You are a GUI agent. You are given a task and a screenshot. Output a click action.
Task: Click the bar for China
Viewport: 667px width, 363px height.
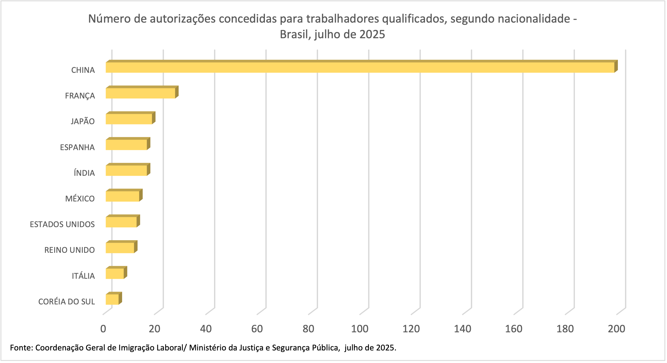coord(360,67)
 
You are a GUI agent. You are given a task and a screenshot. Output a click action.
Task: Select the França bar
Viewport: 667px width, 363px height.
coord(141,93)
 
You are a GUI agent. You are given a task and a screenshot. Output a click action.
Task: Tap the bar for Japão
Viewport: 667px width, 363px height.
coord(129,119)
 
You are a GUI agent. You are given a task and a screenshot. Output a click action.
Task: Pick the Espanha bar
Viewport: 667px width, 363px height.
coord(126,145)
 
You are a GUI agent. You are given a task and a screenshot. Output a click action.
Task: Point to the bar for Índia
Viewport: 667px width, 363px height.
coord(126,170)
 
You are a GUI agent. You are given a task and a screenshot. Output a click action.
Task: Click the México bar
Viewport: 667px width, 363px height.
coord(122,196)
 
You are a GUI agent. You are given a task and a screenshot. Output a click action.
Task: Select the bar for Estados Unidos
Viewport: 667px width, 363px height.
coord(121,222)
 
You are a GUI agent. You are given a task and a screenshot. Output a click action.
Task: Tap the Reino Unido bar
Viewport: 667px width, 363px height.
coord(120,248)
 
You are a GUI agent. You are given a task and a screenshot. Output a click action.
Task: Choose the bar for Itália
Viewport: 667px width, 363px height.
coord(115,273)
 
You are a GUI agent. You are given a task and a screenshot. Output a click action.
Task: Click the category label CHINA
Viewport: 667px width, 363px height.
coord(83,70)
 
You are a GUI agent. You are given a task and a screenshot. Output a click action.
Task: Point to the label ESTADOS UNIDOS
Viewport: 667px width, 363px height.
coord(62,224)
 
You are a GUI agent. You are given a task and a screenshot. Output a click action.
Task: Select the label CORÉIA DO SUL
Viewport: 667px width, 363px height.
coord(67,302)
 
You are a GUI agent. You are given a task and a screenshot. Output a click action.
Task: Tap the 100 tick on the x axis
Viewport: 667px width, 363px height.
coord(360,329)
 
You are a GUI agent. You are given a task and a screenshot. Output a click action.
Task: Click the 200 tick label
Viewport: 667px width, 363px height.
coord(616,329)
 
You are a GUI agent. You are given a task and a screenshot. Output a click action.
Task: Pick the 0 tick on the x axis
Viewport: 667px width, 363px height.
coord(103,329)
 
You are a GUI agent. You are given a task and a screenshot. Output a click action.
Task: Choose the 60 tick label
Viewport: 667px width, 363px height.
coord(257,329)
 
